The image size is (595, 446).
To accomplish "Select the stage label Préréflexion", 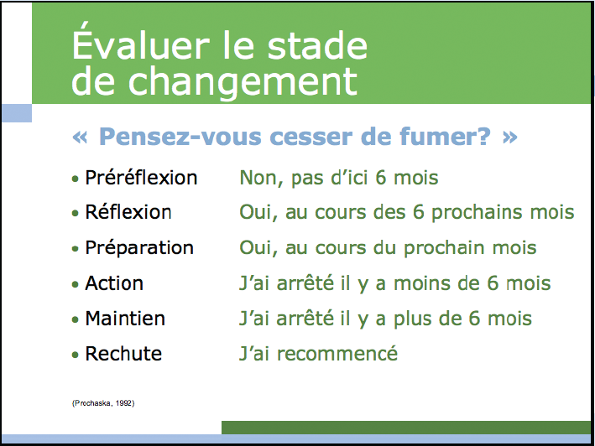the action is pyautogui.click(x=141, y=178).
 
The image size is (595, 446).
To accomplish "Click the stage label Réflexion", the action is pyautogui.click(x=128, y=212).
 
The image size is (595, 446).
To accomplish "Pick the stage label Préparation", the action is pyautogui.click(x=139, y=248).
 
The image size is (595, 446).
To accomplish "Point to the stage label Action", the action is pyautogui.click(x=114, y=283).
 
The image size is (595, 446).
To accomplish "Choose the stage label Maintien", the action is pyautogui.click(x=125, y=319).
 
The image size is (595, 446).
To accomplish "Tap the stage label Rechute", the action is pyautogui.click(x=123, y=354).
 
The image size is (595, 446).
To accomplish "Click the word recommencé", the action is pyautogui.click(x=337, y=354).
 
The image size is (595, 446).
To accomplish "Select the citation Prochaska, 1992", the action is pyautogui.click(x=103, y=403).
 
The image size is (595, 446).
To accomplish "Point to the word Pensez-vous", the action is pyautogui.click(x=180, y=137).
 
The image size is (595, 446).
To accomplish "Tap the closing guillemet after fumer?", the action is pyautogui.click(x=509, y=137).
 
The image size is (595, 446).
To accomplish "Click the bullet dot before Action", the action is pyautogui.click(x=76, y=284).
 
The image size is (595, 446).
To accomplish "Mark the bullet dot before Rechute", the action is pyautogui.click(x=76, y=355).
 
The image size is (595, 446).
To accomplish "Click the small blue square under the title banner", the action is pyautogui.click(x=17, y=113).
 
